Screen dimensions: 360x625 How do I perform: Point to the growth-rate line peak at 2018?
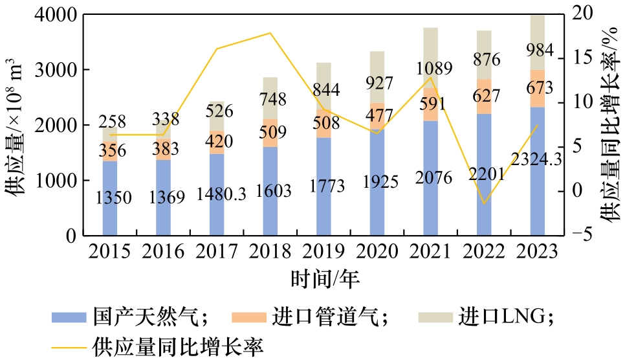pos(270,33)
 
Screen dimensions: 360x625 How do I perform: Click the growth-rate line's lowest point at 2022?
pos(484,204)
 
